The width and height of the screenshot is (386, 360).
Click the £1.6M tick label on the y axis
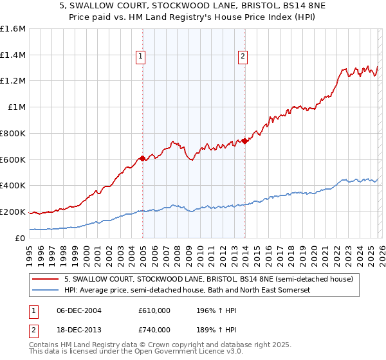[x=13, y=29]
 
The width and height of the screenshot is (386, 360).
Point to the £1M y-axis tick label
[x=16, y=107]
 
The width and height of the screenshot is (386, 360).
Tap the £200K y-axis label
[x=13, y=212]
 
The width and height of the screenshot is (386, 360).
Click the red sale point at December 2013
[x=244, y=141]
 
